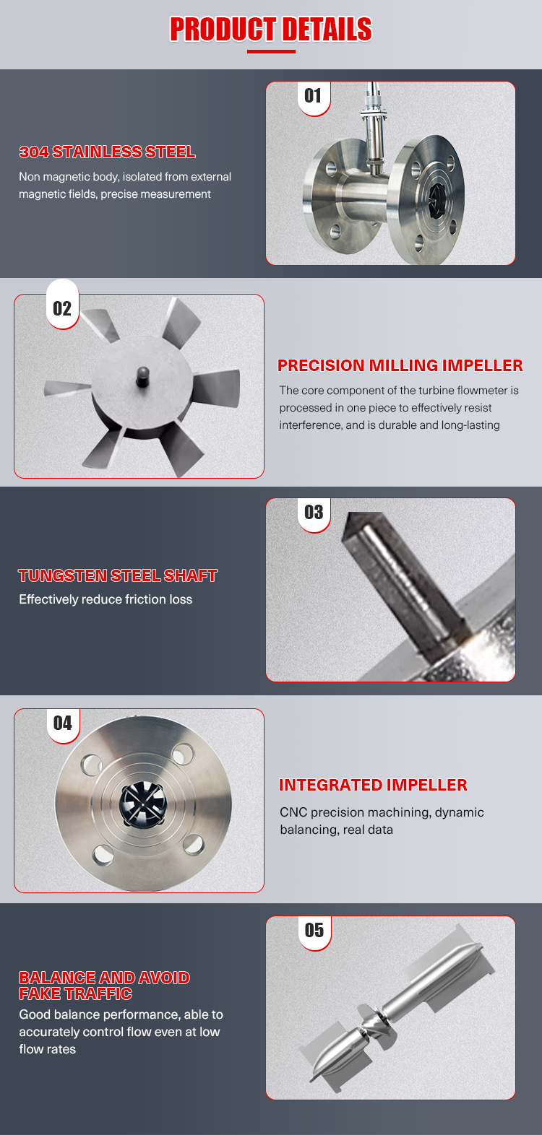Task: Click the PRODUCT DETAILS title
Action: click(x=271, y=29)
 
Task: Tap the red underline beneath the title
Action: click(x=271, y=51)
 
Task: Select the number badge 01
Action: click(x=314, y=96)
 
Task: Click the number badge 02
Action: click(x=62, y=308)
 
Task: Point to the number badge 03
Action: click(x=314, y=513)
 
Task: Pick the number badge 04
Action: click(x=63, y=723)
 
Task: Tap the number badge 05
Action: click(x=314, y=930)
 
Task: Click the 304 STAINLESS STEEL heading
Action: click(x=107, y=152)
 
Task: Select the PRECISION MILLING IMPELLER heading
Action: click(x=400, y=365)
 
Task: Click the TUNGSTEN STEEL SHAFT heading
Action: click(x=118, y=575)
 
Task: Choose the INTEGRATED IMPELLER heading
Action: click(x=373, y=785)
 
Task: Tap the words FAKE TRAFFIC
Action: click(x=76, y=993)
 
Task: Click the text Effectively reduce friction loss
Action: click(x=106, y=599)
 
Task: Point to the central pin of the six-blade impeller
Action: click(x=143, y=376)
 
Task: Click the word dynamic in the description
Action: click(x=460, y=812)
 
